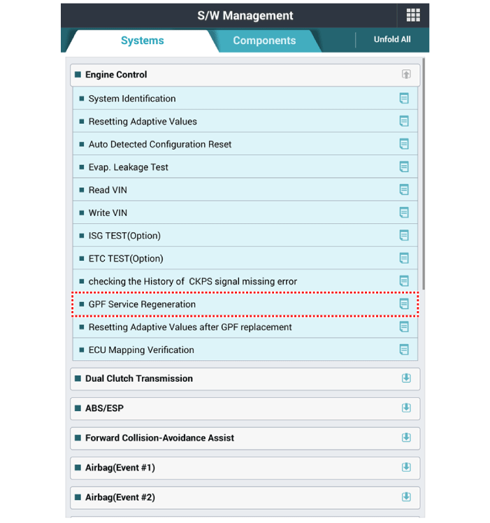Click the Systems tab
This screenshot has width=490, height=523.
142,41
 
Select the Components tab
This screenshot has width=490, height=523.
264,41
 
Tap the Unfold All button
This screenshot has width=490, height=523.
392,39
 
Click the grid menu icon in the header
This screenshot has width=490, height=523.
413,15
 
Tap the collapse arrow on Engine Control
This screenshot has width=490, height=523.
406,74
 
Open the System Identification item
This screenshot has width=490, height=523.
132,99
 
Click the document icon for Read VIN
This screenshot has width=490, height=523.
404,189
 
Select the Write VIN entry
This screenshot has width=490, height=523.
108,213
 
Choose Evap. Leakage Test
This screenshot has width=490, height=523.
129,167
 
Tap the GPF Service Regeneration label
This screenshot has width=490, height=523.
142,304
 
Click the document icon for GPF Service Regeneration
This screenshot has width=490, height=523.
404,304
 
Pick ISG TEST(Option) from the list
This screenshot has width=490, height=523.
124,236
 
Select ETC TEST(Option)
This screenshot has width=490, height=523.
126,259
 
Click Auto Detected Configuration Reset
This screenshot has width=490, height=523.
160,144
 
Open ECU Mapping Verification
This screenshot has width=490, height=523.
141,350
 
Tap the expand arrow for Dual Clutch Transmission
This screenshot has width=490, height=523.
406,378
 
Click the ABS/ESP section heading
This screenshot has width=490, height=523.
104,408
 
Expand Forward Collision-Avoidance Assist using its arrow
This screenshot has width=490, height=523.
406,438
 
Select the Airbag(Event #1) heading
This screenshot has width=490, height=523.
120,468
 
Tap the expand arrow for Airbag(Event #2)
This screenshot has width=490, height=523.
406,497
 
